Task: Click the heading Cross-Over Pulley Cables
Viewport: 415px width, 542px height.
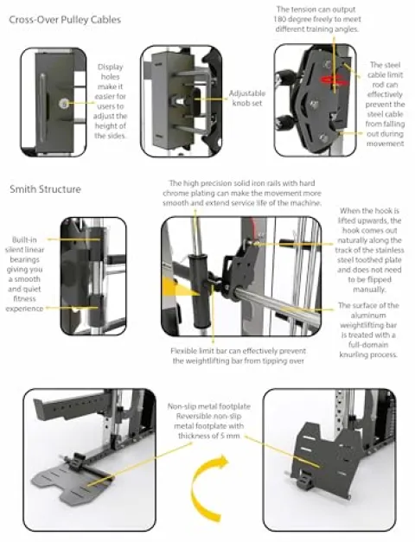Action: pos(65,20)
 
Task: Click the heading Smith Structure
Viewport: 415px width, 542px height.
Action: pos(45,189)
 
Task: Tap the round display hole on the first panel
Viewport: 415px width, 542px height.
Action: pos(63,103)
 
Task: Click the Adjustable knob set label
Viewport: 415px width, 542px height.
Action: pos(247,99)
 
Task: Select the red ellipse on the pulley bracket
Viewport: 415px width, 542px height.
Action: pos(334,80)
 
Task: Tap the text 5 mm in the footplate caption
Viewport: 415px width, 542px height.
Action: pos(230,436)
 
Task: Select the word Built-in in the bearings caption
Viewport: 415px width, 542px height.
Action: pos(24,239)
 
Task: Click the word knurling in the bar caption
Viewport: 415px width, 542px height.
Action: pos(353,354)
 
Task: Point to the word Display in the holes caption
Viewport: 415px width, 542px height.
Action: pos(111,67)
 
